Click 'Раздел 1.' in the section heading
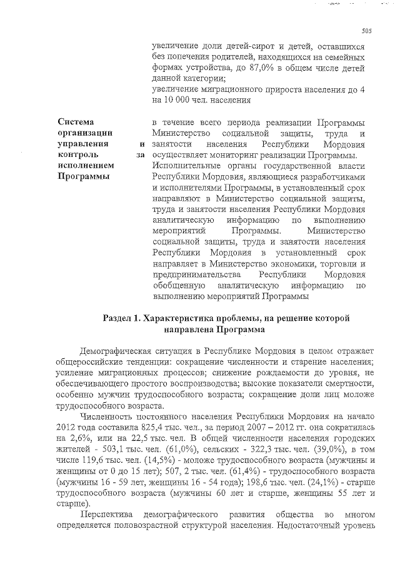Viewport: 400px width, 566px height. [122, 318]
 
